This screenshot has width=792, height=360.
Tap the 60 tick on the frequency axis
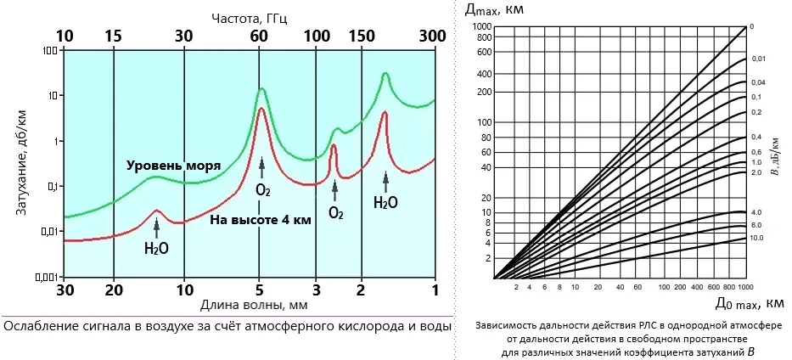261,37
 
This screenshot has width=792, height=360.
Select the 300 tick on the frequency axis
434,37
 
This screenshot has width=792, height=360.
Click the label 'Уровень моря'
173,165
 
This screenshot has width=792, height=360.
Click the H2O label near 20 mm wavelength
156,249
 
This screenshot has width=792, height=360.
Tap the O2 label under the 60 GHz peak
262,189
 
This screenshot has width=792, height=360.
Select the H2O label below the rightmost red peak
385,203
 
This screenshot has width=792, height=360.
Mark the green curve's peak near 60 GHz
261,89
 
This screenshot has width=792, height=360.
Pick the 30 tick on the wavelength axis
65,290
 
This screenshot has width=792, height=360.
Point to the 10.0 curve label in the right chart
757,239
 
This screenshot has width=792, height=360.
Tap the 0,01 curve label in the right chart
758,59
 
